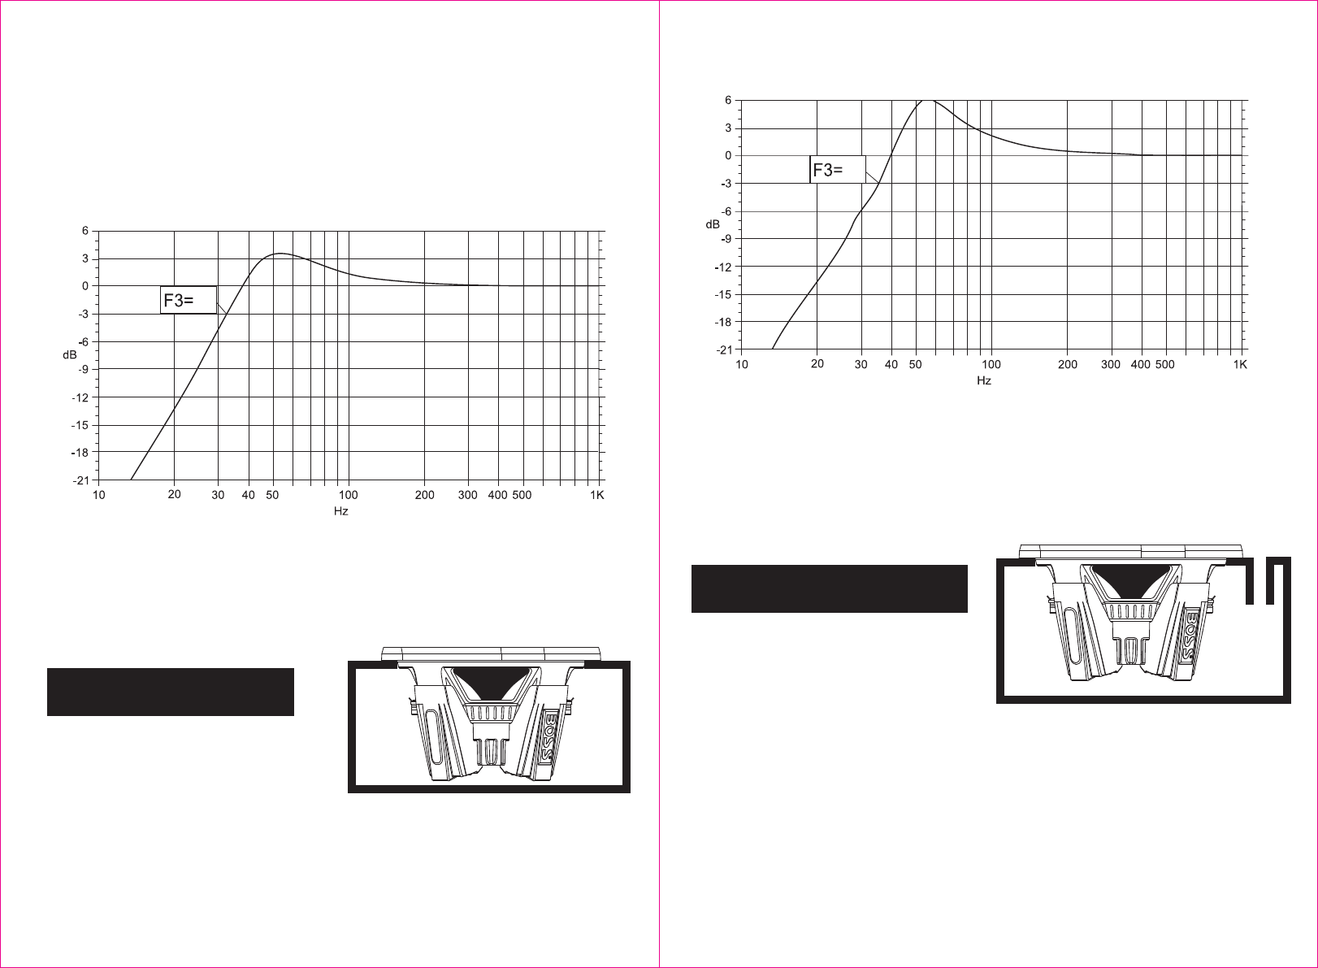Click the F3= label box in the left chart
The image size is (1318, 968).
click(x=189, y=300)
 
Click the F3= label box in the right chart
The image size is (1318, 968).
click(x=837, y=170)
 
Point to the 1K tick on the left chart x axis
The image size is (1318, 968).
click(x=597, y=495)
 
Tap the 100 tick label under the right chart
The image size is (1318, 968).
click(x=991, y=364)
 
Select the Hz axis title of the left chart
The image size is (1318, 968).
click(x=341, y=510)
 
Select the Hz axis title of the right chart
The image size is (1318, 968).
click(x=984, y=380)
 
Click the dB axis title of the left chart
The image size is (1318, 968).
click(x=70, y=355)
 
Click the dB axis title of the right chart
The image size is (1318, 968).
click(x=713, y=224)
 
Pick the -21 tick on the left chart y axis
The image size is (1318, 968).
click(x=81, y=480)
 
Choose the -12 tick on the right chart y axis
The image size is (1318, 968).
click(x=723, y=267)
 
